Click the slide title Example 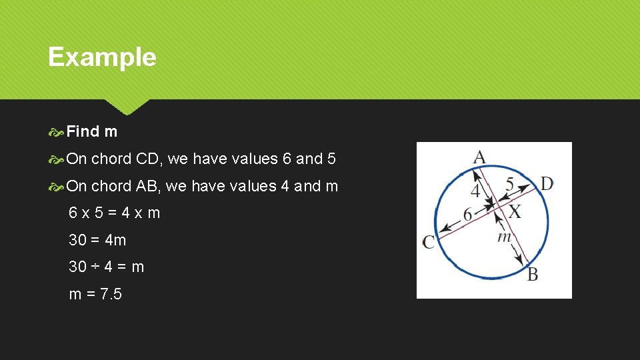point(102,57)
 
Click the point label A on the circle point(479,157)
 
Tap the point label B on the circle point(532,274)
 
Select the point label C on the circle point(428,242)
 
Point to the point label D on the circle point(547,183)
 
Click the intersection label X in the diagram point(515,213)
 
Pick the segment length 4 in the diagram point(475,191)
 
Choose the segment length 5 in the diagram point(509,184)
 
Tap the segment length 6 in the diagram point(467,215)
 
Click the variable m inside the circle point(504,237)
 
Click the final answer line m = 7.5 point(95,294)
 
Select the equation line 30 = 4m point(97,240)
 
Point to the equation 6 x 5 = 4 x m point(115,213)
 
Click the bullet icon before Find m point(57,132)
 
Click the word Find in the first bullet point(83,132)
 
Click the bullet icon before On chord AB point(57,187)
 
